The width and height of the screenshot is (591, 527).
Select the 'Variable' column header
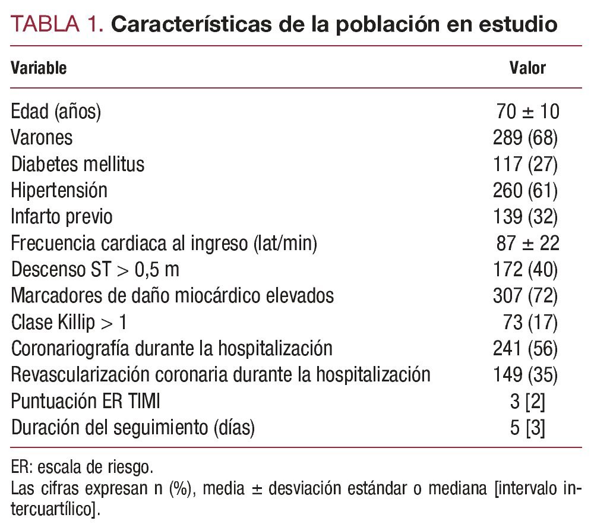pos(39,68)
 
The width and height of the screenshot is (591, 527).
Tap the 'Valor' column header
pos(527,68)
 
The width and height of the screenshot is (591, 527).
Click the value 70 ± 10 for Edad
pos(527,112)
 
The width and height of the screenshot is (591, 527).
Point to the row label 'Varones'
pos(42,138)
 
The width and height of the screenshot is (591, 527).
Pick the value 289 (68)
pos(525,138)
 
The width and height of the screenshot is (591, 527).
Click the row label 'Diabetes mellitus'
pos(77,164)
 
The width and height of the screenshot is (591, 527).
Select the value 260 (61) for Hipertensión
pos(525,190)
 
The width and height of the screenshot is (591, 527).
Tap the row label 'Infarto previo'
pos(61,216)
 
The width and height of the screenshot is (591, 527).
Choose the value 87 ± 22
pos(527,243)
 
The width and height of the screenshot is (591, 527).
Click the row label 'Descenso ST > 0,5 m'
pos(95,269)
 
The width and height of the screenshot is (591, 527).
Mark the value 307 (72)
pos(525,295)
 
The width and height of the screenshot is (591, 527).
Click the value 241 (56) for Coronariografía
pos(525,348)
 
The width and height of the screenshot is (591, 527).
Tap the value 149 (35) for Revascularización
pos(525,374)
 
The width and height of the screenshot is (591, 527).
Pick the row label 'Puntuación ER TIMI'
pos(86,401)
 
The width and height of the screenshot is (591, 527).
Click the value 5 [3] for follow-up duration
pos(527,427)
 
